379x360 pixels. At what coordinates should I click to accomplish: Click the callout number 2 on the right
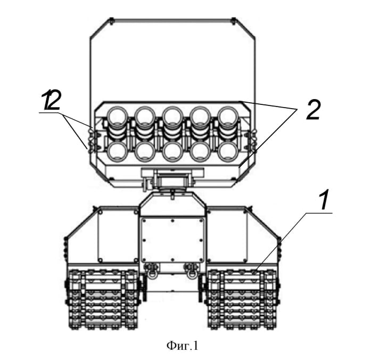coord(313,110)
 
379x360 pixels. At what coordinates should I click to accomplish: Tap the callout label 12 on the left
coord(52,101)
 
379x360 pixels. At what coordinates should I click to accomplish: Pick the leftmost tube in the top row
coord(117,116)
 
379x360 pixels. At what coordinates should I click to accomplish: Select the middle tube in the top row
coord(172,116)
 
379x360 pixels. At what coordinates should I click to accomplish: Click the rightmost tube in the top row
coord(227,116)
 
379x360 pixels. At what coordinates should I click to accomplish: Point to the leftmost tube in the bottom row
coord(117,151)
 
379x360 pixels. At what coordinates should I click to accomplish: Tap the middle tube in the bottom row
coord(172,151)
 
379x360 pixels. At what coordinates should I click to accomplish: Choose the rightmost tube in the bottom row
coord(227,151)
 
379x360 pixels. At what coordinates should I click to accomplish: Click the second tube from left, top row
coord(144,116)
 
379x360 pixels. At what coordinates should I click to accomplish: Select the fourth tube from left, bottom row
coord(200,151)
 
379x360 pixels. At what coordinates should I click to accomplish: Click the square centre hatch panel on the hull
coord(172,239)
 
